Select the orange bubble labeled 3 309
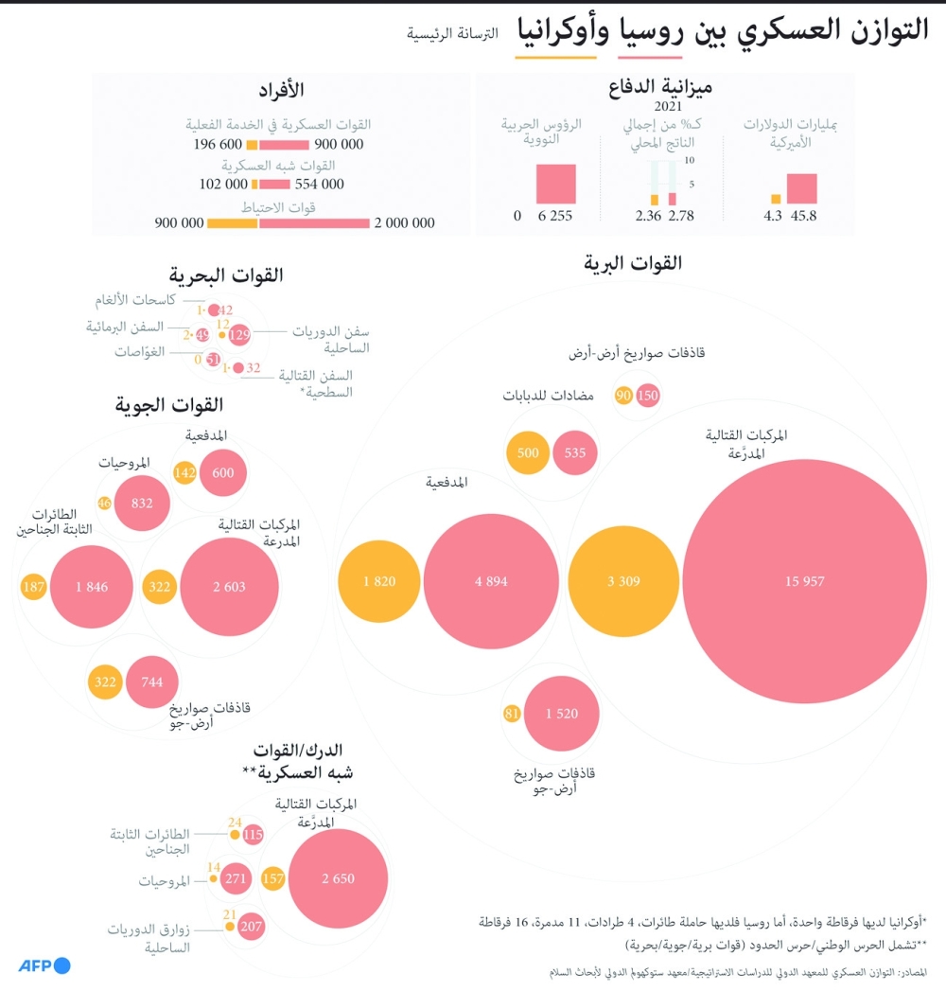[623, 580]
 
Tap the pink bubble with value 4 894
[484, 580]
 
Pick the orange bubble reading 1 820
[378, 580]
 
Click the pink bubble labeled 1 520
[561, 714]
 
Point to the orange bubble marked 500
[528, 452]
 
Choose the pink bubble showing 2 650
[338, 878]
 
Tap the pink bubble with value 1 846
[92, 587]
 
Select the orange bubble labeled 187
[33, 587]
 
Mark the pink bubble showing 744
[151, 681]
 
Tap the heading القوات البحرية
[226, 275]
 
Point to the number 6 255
[555, 216]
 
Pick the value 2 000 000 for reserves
[404, 223]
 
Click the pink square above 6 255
[555, 184]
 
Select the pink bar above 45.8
[802, 188]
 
